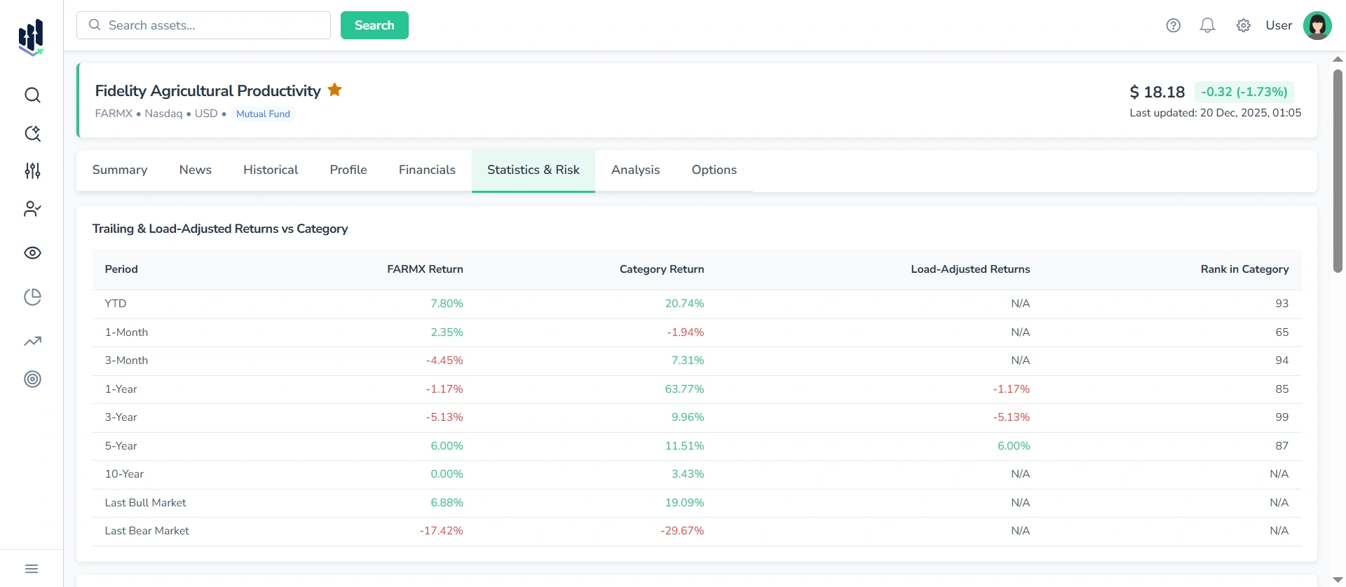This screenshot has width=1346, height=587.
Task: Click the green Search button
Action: click(374, 25)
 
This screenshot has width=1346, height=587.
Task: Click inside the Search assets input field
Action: click(210, 25)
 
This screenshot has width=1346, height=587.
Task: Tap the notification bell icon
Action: click(1207, 26)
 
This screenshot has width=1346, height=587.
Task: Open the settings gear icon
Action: click(1243, 26)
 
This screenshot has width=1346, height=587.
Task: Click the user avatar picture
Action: click(1317, 26)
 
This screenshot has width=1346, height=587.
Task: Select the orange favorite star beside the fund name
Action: click(335, 90)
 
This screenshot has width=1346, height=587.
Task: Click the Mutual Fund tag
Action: click(263, 114)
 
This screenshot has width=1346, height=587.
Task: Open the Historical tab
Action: click(271, 170)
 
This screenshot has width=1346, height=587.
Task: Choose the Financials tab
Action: click(427, 170)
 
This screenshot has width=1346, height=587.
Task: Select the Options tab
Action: click(714, 170)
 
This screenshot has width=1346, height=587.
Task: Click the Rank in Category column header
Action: click(1244, 269)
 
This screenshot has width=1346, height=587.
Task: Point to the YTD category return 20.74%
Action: click(684, 304)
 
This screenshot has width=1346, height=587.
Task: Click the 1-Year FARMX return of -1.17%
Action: click(444, 389)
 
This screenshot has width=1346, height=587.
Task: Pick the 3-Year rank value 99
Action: click(1282, 417)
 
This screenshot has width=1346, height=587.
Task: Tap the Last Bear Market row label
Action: click(147, 531)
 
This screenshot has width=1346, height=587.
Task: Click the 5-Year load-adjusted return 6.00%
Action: click(1014, 446)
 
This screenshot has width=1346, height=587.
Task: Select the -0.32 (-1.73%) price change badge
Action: click(1244, 92)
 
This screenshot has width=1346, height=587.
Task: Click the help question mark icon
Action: click(1173, 26)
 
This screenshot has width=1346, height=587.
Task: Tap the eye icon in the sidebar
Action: click(32, 253)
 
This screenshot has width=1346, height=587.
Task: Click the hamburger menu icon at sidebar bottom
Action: click(32, 569)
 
